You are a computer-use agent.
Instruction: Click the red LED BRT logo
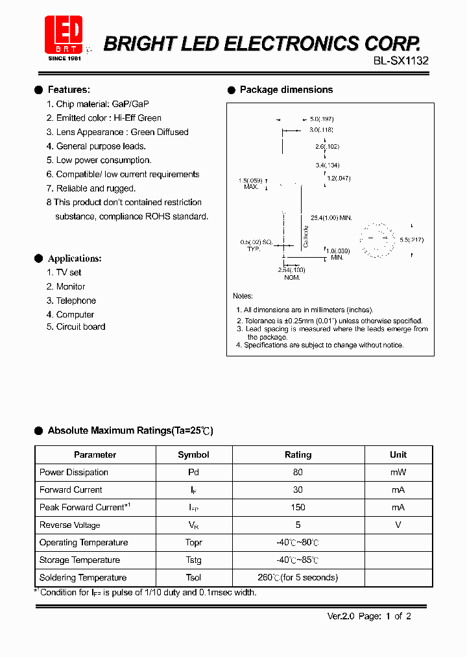(64, 36)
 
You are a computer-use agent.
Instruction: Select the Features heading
(69, 90)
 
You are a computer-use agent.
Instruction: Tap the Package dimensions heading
(286, 90)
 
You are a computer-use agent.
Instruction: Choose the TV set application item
(64, 273)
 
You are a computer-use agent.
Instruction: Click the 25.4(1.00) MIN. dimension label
(331, 218)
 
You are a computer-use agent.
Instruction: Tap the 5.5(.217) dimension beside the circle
(411, 240)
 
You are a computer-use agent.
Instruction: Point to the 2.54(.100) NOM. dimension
(291, 273)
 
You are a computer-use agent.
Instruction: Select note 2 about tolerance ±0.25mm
(329, 321)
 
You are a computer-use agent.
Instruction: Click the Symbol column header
(193, 455)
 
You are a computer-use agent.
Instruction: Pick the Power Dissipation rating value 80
(298, 473)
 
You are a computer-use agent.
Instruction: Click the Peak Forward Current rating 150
(298, 508)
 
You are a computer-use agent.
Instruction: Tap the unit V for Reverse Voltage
(398, 525)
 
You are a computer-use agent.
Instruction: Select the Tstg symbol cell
(193, 560)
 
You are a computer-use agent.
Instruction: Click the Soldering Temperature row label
(83, 578)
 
